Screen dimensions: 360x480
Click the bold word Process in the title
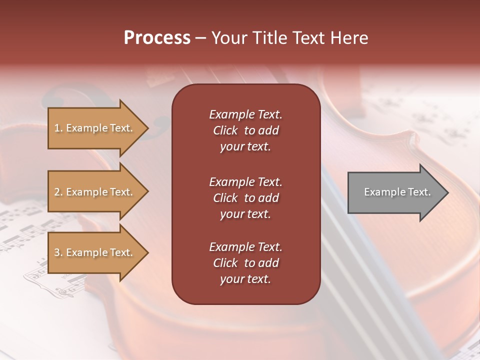pyautogui.click(x=157, y=38)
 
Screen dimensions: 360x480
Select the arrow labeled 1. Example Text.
pyautogui.click(x=95, y=128)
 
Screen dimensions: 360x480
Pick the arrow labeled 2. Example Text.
pyautogui.click(x=95, y=192)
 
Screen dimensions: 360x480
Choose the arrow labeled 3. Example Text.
pyautogui.click(x=95, y=252)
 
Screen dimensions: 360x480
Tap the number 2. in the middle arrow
pyautogui.click(x=58, y=192)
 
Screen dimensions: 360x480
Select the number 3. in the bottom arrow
pyautogui.click(x=58, y=252)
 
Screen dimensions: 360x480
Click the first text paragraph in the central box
pyautogui.click(x=245, y=130)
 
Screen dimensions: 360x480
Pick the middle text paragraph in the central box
pyautogui.click(x=245, y=198)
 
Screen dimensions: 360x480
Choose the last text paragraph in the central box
pyautogui.click(x=245, y=263)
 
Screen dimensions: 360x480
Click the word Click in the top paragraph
pyautogui.click(x=225, y=130)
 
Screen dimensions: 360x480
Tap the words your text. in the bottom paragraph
pyautogui.click(x=245, y=279)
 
